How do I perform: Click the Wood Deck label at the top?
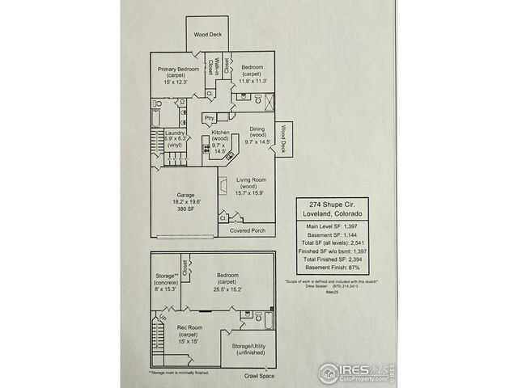207,35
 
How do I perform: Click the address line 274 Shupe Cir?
329,205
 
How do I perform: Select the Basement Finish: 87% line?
329,270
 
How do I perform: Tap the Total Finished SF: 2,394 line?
329,261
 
